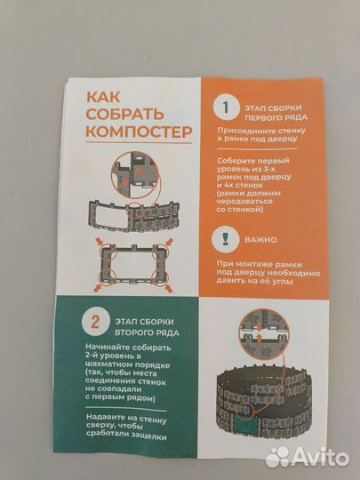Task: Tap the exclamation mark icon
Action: [225, 239]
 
